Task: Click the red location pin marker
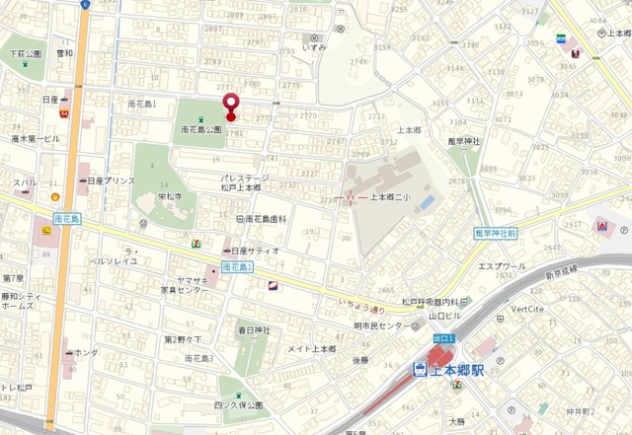pyautogui.click(x=231, y=106)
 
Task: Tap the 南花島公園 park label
pyautogui.click(x=200, y=129)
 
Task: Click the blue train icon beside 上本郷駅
pyautogui.click(x=420, y=371)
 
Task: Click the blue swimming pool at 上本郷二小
pyautogui.click(x=426, y=202)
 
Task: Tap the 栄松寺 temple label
pyautogui.click(x=173, y=197)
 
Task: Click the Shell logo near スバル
pyautogui.click(x=56, y=196)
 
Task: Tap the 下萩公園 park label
pyautogui.click(x=26, y=53)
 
